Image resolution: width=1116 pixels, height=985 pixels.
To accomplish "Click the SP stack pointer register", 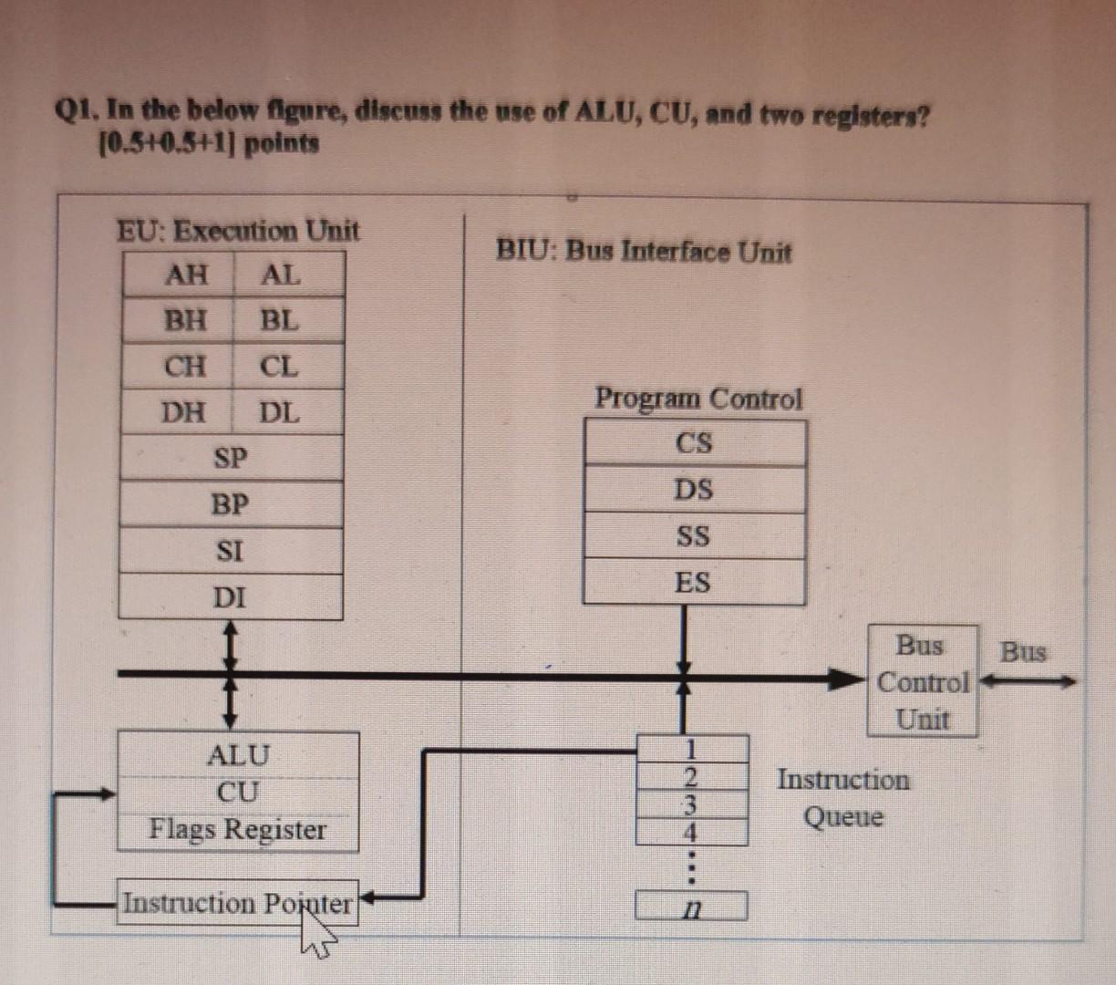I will (231, 458).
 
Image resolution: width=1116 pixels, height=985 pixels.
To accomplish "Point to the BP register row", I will (231, 504).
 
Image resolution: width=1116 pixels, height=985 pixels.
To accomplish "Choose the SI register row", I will (231, 551).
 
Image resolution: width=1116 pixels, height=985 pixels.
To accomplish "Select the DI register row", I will (231, 597).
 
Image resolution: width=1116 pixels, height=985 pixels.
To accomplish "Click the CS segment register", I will (694, 443).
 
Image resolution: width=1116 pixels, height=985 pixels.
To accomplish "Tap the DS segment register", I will (694, 490).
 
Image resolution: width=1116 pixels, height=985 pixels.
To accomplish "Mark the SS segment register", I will (694, 535).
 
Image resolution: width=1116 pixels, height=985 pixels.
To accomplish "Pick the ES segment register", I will (694, 582).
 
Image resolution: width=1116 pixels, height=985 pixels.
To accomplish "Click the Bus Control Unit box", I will (922, 681).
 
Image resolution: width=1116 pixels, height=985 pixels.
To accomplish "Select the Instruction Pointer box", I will (237, 903).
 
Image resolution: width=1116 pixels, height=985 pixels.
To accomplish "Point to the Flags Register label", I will (237, 830).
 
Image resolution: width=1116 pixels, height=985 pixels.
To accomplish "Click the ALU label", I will (237, 755).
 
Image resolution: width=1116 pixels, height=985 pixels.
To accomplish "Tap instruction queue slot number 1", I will (692, 749).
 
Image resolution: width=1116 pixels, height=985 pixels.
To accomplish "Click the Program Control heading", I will (698, 399).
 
